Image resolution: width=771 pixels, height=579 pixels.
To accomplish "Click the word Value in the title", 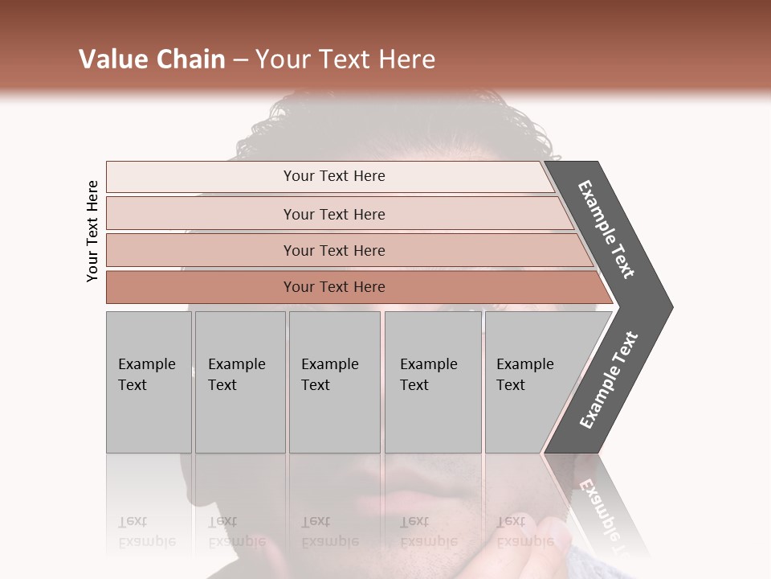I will point(112,60).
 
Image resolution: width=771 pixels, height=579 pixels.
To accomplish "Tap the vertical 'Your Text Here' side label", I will point(92,231).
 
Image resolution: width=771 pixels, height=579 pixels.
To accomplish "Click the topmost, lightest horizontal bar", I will point(333,176).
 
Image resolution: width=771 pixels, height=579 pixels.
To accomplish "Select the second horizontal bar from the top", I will point(333,214).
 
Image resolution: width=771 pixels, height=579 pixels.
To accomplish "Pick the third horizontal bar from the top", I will point(333,250).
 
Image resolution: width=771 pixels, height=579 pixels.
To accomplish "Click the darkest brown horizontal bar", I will point(333,287).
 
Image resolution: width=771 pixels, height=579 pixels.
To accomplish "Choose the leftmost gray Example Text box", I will point(149,382).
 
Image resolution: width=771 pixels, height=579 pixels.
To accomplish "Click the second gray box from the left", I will point(239,382).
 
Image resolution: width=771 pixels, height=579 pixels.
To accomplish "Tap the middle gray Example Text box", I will point(334,382).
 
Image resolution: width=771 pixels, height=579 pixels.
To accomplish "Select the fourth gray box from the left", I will point(432,382).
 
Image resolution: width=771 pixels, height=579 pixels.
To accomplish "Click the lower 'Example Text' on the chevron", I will point(609,380).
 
